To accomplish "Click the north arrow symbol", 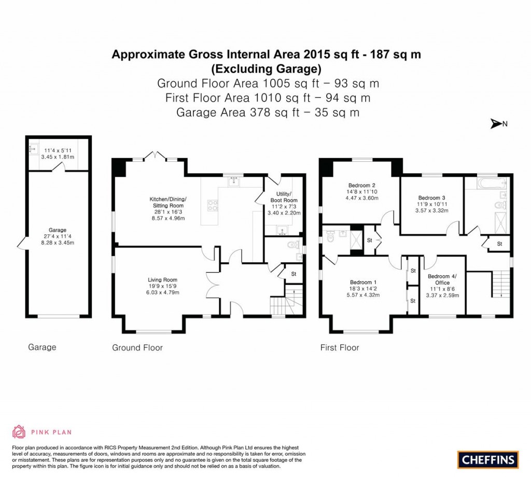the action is pos(496,124).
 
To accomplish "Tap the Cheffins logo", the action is pos(488,460).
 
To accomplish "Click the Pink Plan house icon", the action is pos(19,432).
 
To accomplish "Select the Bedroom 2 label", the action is pos(361,186).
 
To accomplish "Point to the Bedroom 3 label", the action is pos(432,197).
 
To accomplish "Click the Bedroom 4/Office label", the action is pos(442,279).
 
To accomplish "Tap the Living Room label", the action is pos(162,279).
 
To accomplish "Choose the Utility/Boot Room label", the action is pos(284,197).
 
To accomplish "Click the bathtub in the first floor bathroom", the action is pos(492,184).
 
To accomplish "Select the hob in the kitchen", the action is pos(213,205).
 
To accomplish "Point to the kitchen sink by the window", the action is pos(234,182).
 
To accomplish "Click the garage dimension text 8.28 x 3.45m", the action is pos(58,243).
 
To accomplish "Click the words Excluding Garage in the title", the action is pos(266,69).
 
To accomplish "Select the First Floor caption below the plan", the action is pos(340,348).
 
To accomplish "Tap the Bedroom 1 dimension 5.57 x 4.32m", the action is pos(363,295).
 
